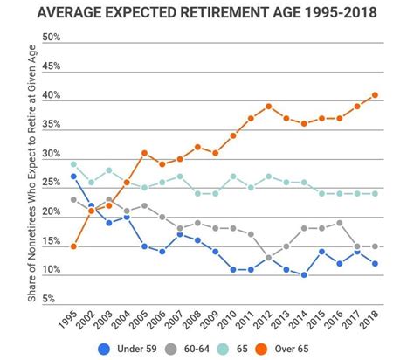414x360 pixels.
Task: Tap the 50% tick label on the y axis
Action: (x=51, y=38)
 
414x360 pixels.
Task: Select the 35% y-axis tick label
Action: (x=51, y=124)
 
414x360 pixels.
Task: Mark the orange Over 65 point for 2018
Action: (x=375, y=94)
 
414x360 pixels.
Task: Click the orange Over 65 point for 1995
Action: (x=73, y=246)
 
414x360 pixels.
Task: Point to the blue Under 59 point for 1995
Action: (x=73, y=176)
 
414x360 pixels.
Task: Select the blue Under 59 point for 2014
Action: (x=303, y=274)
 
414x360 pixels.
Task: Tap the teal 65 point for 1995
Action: (x=73, y=164)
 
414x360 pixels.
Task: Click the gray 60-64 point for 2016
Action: (x=339, y=222)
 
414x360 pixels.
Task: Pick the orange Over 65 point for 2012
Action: (x=268, y=106)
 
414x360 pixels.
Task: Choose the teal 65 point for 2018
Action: (x=375, y=193)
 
